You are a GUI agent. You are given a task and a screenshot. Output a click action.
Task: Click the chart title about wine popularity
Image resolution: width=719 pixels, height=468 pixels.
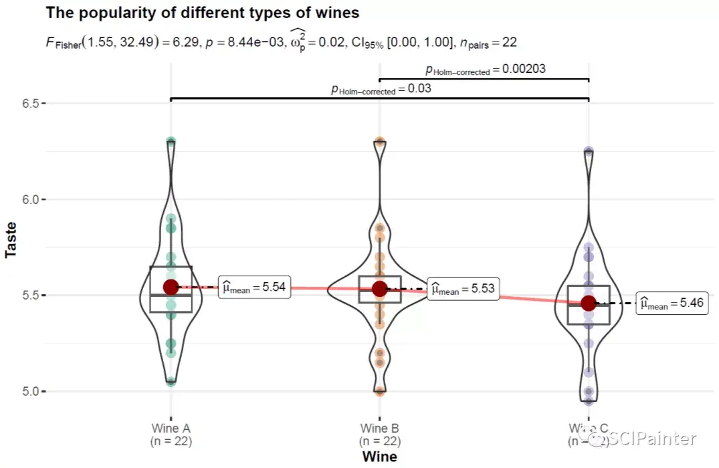(203, 13)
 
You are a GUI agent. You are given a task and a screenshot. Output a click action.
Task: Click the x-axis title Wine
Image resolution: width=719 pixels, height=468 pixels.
(379, 457)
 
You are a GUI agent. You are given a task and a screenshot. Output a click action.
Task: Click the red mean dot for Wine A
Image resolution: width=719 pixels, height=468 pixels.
(171, 287)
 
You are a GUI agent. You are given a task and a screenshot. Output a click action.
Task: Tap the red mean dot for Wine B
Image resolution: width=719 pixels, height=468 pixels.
(379, 288)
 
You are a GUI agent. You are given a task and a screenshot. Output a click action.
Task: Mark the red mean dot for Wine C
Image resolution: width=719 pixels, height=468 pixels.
(588, 303)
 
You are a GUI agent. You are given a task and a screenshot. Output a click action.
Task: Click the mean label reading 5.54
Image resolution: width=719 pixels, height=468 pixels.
(254, 287)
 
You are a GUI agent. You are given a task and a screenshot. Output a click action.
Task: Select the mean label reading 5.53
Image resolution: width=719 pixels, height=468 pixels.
(463, 289)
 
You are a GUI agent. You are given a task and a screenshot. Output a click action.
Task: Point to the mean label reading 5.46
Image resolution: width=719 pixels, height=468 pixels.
(672, 304)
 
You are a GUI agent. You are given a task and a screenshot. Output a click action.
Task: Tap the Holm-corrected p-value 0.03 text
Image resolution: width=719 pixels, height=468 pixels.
(381, 89)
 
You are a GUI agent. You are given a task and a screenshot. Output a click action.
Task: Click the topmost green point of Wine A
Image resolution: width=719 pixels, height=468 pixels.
(171, 142)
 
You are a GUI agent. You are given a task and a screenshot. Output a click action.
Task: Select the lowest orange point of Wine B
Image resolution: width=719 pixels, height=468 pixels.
(379, 391)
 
